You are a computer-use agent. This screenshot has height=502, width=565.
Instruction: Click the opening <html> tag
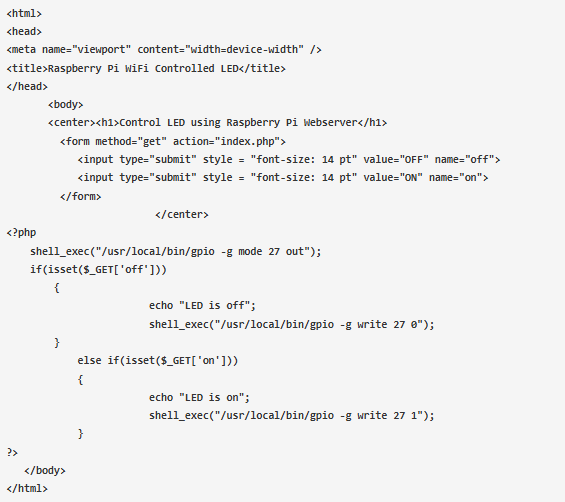[x=24, y=14]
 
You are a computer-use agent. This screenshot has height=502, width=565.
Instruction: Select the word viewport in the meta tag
[x=102, y=49]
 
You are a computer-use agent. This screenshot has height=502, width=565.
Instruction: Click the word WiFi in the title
[x=137, y=68]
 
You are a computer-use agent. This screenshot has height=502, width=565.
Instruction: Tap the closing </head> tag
[x=27, y=86]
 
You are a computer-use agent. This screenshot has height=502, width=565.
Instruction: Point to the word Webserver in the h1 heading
[x=330, y=123]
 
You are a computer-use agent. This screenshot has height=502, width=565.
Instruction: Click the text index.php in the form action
[x=248, y=141]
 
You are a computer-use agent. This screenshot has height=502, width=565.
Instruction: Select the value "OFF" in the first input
[x=414, y=159]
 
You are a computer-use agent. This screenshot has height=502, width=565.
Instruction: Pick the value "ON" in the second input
[x=411, y=177]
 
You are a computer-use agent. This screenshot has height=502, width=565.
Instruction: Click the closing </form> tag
[x=81, y=196]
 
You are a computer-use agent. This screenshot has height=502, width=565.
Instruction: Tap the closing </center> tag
[x=182, y=214]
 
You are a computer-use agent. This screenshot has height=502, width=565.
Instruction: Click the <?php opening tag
[x=21, y=233]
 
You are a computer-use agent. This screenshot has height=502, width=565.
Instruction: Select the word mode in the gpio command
[x=250, y=251]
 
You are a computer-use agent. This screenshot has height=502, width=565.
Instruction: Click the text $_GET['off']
[x=122, y=270]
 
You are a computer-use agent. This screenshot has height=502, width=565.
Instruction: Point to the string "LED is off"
[x=214, y=306]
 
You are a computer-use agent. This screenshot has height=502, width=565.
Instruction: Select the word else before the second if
[x=89, y=360]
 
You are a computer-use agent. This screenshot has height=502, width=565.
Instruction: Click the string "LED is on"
[x=212, y=397]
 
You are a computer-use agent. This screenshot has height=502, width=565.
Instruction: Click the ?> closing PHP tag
[x=12, y=452]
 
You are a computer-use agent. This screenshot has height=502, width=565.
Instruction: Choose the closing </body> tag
[x=45, y=471]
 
